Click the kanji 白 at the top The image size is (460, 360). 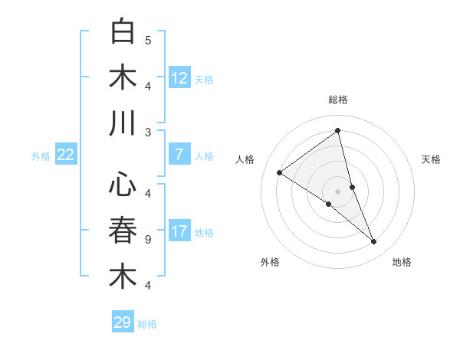tap(123, 33)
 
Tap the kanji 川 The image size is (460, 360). tap(123, 124)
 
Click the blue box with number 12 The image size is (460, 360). tap(179, 77)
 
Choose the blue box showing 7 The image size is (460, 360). tap(179, 155)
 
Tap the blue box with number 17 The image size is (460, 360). tap(179, 231)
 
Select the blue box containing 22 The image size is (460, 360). tap(66, 155)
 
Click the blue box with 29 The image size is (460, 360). tap(123, 322)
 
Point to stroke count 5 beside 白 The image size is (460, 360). tap(148, 40)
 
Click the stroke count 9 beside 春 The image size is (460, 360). tap(148, 239)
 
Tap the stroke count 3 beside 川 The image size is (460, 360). tap(148, 132)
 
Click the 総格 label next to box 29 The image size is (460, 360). tap(148, 324)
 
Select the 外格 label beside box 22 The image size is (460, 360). tap(41, 155)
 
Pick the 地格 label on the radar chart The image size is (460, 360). tap(402, 262)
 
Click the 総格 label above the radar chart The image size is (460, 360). tap(338, 100)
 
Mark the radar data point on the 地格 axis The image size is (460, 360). tap(374, 241)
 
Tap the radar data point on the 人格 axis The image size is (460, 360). tap(280, 172)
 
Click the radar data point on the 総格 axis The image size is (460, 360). tap(338, 130)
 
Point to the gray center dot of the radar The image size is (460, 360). tap(338, 191)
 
